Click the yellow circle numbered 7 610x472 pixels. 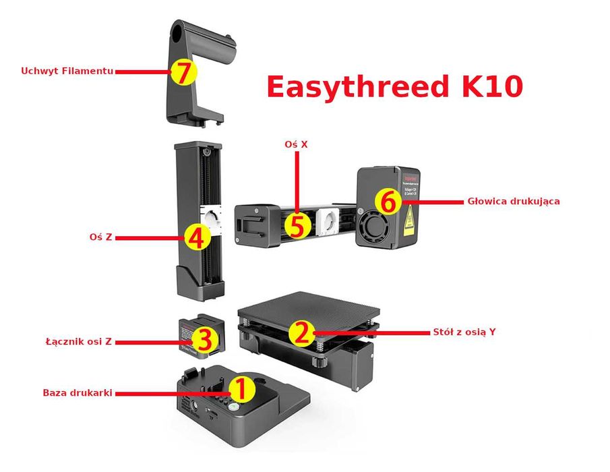coord(183,72)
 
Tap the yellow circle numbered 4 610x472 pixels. coord(195,237)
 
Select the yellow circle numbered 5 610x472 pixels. coord(297,225)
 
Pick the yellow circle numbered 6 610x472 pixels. coord(387,202)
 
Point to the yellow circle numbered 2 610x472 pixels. coord(301,332)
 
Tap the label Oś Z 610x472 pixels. coord(99,237)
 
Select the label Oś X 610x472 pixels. coord(295,144)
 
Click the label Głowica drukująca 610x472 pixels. coord(513,201)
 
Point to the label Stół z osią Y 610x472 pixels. coord(463,332)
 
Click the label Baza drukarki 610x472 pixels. coord(77,392)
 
